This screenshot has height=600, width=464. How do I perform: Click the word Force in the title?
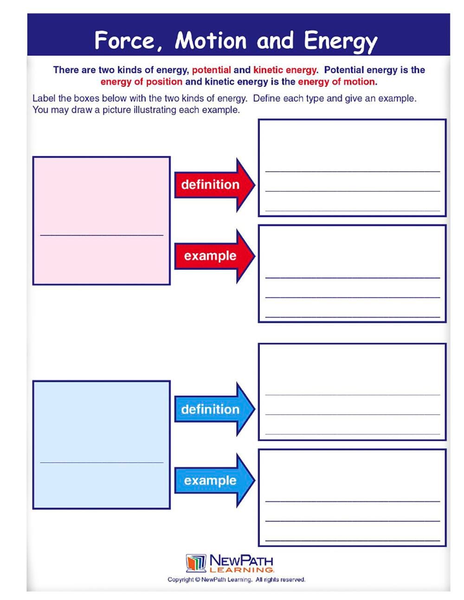124,40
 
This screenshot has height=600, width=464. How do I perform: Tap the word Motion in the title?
211,40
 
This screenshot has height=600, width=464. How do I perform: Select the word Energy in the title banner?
341,42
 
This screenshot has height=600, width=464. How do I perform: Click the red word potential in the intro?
211,70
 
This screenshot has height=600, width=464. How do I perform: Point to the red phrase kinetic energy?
285,70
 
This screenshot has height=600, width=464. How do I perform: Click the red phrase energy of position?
142,82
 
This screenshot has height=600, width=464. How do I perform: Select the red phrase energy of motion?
336,82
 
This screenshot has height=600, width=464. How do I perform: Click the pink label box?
101,195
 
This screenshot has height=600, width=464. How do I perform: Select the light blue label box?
101,418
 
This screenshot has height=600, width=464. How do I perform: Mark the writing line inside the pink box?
102,235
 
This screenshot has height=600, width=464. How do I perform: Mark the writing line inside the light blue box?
102,462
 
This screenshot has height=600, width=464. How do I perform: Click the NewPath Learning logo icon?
196,563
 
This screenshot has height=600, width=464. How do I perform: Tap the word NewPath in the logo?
241,560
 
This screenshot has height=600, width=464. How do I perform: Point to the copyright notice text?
236,580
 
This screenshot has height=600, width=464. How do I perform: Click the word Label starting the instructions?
44,98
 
